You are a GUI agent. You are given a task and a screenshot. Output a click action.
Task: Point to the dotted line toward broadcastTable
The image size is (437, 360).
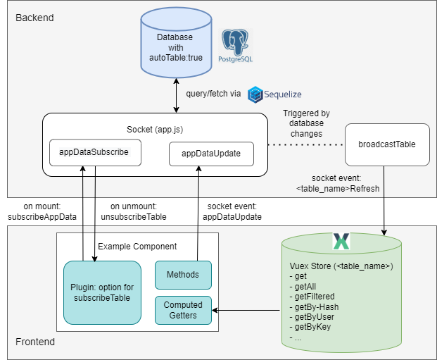306,144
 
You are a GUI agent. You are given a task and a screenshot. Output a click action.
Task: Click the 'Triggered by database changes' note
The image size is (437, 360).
306,123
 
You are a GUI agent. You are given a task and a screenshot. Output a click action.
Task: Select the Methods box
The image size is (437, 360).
182,274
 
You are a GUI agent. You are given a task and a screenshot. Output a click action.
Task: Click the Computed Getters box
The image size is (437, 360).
182,310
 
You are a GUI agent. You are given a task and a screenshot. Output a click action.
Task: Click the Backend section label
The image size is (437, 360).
34,17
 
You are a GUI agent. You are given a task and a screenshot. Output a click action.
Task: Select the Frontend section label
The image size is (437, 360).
35,342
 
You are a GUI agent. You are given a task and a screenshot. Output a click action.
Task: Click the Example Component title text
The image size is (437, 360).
137,247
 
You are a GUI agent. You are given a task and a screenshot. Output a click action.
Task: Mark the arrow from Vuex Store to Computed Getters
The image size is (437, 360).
250,310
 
